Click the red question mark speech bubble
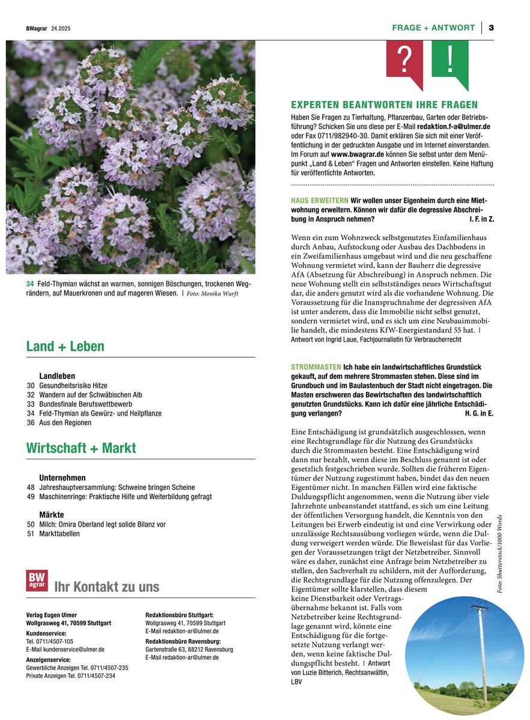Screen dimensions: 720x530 coord(405,60)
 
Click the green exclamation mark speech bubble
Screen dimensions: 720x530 coord(449,60)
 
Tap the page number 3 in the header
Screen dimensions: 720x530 coord(491,28)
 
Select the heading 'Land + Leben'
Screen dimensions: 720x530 coord(65,346)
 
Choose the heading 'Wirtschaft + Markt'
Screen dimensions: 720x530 coord(81,448)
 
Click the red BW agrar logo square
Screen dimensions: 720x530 coord(37,581)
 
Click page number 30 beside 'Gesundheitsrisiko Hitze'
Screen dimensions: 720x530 coord(31,386)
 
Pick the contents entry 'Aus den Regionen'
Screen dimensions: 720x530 coord(65,423)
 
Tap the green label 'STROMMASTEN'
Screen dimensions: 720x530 coord(315,367)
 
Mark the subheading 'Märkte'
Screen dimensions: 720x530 coord(52,515)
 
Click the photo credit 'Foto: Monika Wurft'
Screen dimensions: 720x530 coord(213,294)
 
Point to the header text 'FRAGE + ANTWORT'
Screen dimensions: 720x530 coord(433,28)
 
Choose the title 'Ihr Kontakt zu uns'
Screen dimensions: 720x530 coord(107,587)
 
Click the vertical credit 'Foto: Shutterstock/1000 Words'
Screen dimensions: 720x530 coord(500,555)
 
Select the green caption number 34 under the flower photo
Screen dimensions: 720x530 coord(29,284)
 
